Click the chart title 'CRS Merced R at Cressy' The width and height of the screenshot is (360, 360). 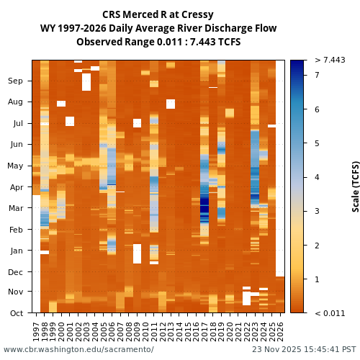pyautogui.click(x=158, y=14)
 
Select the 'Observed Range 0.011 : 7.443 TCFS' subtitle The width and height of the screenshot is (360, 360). pyautogui.click(x=158, y=42)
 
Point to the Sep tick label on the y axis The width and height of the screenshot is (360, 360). pyautogui.click(x=15, y=81)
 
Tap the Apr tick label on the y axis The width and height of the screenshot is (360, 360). pyautogui.click(x=15, y=187)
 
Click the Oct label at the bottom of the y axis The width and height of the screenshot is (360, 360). pyautogui.click(x=15, y=313)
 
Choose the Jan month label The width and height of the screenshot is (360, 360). pyautogui.click(x=15, y=251)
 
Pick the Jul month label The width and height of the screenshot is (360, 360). pyautogui.click(x=16, y=124)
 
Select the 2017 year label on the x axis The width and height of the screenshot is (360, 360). pyautogui.click(x=204, y=331)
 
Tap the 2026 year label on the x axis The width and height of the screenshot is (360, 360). pyautogui.click(x=280, y=331)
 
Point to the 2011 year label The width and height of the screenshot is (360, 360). pyautogui.click(x=154, y=331)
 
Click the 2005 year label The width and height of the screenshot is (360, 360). pyautogui.click(x=104, y=331)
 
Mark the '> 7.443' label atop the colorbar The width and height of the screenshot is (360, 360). pyautogui.click(x=330, y=60)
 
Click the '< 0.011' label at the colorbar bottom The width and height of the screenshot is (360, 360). pyautogui.click(x=330, y=313)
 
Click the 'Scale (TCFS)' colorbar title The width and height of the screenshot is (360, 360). pyautogui.click(x=356, y=186)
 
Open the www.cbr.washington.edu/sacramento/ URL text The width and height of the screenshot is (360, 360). pyautogui.click(x=78, y=350)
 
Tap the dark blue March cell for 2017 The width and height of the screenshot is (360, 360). pyautogui.click(x=204, y=207)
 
